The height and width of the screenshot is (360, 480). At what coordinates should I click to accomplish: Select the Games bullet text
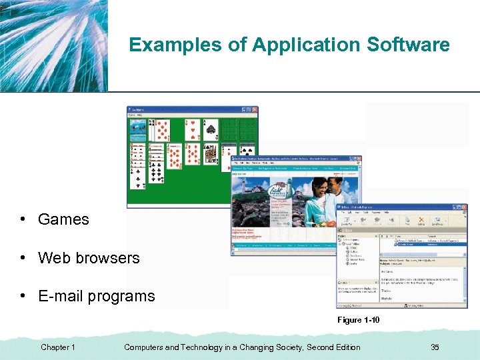click(63, 219)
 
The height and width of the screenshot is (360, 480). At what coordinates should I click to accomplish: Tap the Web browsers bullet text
click(89, 258)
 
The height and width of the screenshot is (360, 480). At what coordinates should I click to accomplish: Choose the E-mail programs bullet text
click(96, 296)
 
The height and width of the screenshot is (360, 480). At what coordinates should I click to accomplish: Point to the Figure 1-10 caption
click(358, 321)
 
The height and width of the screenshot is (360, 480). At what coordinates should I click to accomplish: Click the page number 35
click(435, 347)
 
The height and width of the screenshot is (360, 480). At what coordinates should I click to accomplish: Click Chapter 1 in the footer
click(58, 347)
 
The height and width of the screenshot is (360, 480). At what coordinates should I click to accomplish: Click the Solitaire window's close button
click(255, 109)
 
